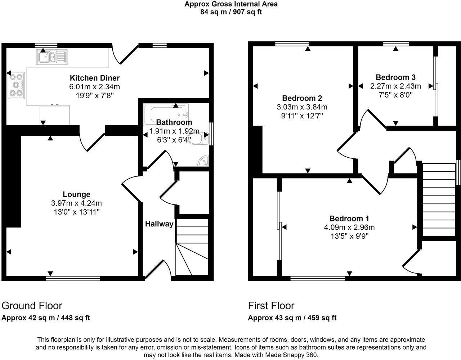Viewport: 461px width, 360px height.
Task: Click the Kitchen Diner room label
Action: [95, 78]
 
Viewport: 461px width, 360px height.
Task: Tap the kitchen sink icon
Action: [52, 57]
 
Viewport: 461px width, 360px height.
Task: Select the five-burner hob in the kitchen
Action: [16, 85]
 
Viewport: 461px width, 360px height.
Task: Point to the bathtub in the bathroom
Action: [166, 115]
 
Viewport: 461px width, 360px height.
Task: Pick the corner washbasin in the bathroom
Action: [203, 161]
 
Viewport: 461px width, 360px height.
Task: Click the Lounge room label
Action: [76, 194]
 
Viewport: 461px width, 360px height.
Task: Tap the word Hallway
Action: [159, 224]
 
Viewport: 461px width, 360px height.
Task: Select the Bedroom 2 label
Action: [302, 98]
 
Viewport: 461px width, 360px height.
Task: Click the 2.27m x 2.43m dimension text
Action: [395, 86]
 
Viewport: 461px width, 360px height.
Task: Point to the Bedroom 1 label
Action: [349, 219]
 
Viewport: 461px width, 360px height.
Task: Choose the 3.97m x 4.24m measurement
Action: [76, 203]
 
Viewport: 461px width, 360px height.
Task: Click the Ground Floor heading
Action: [32, 306]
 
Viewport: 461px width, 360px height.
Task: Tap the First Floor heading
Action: [271, 306]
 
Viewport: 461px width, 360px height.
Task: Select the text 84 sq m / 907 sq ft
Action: [231, 12]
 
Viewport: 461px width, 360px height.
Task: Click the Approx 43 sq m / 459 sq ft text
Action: [292, 318]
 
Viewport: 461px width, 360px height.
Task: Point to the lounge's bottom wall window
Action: [73, 278]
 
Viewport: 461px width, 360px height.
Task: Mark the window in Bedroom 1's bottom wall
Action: [318, 278]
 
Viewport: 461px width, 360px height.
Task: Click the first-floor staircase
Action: [439, 199]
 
